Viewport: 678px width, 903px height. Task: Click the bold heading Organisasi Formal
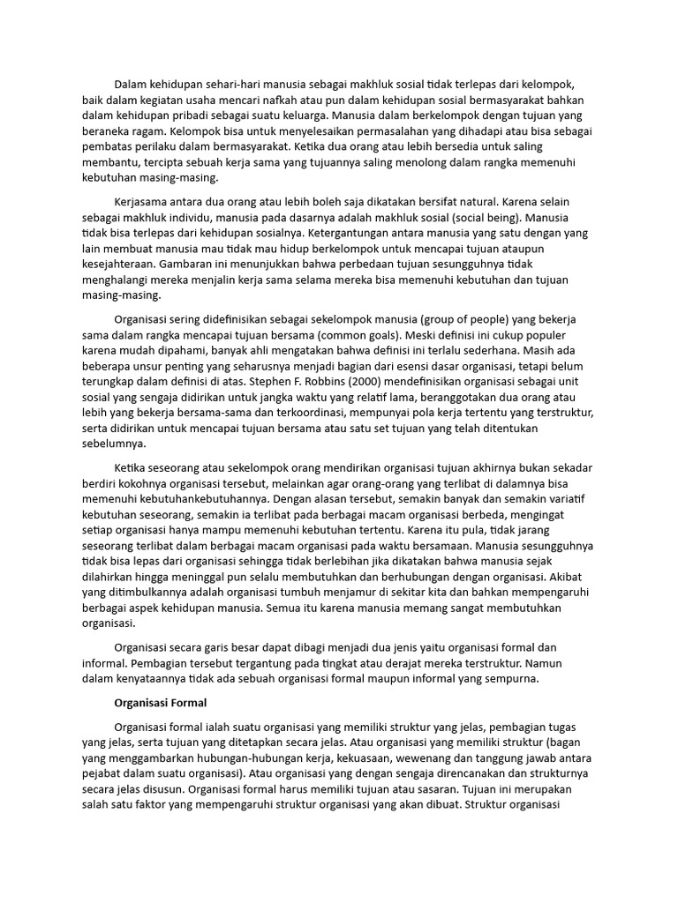point(161,703)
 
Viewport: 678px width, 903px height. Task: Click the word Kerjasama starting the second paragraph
point(146,202)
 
